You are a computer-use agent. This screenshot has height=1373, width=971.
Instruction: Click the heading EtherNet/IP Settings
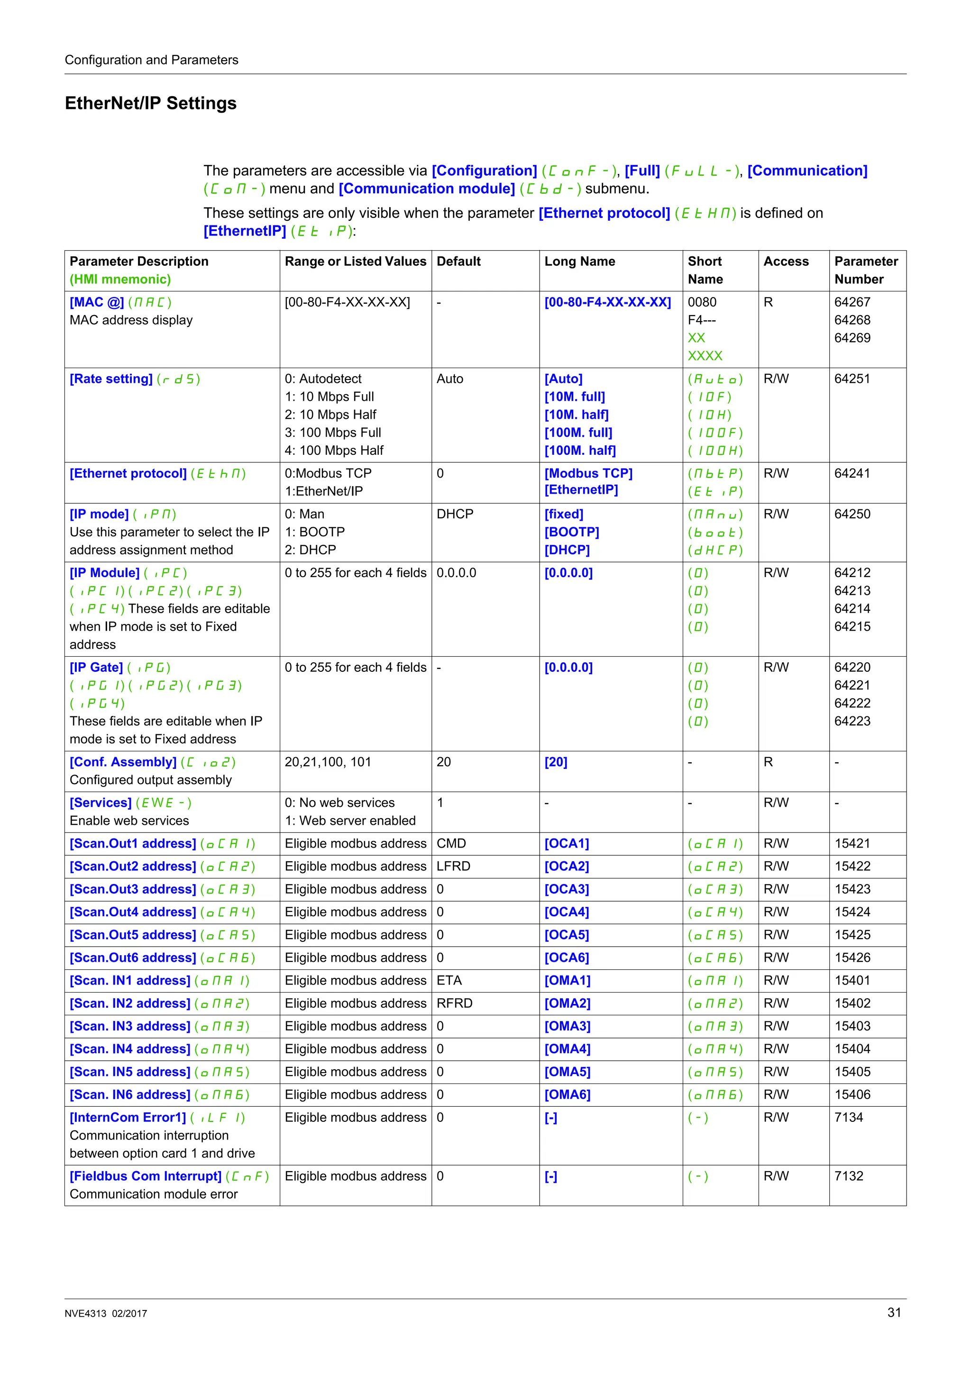(x=150, y=103)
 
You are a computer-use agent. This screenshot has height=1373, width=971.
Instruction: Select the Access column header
(x=786, y=262)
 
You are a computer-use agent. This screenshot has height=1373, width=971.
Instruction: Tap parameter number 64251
(x=852, y=379)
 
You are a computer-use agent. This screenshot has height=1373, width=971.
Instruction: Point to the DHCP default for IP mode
(x=455, y=514)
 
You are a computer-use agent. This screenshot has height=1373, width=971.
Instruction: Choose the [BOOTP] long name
(x=571, y=532)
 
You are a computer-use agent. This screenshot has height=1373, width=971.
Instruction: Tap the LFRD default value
(x=453, y=866)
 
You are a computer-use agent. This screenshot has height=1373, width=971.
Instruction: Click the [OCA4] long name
(x=566, y=912)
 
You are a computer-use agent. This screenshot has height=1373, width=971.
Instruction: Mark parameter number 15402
(x=852, y=1003)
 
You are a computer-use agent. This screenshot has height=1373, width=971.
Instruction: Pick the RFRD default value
(x=454, y=1003)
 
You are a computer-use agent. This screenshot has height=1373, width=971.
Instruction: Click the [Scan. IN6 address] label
(x=130, y=1094)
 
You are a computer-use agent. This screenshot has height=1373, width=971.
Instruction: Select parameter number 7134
(x=848, y=1117)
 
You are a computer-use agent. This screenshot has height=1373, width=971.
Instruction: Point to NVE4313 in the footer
(x=85, y=1313)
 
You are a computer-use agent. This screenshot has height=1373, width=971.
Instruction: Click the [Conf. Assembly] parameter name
(x=123, y=762)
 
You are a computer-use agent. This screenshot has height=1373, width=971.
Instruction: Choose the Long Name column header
(x=579, y=262)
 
